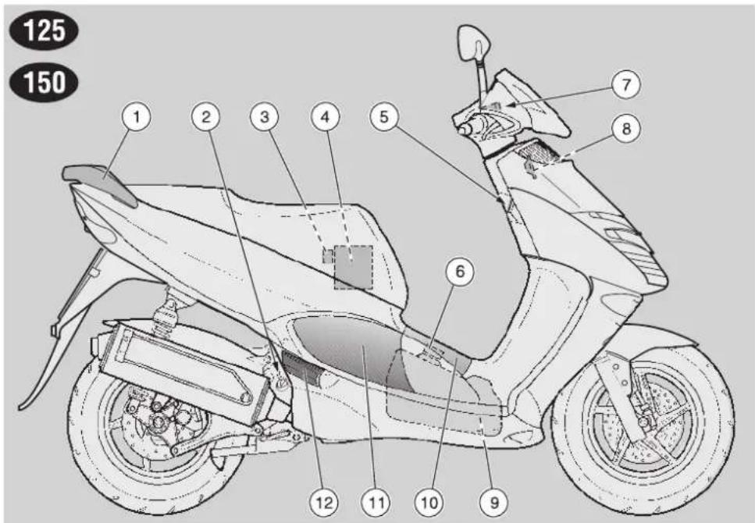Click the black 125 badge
(x=44, y=30)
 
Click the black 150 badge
(x=44, y=82)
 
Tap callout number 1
(x=137, y=117)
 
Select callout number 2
(x=207, y=117)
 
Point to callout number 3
(x=265, y=117)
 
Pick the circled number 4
(x=326, y=117)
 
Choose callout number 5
(x=384, y=117)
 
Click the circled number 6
(x=460, y=272)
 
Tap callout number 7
(x=626, y=85)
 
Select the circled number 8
(x=626, y=129)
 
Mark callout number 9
(x=494, y=502)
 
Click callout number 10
(x=429, y=502)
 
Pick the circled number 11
(x=376, y=502)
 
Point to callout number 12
(x=323, y=502)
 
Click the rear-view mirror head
(x=473, y=42)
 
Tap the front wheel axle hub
(x=643, y=423)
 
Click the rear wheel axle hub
(x=158, y=423)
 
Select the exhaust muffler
(x=183, y=373)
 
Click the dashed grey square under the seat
(x=354, y=268)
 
